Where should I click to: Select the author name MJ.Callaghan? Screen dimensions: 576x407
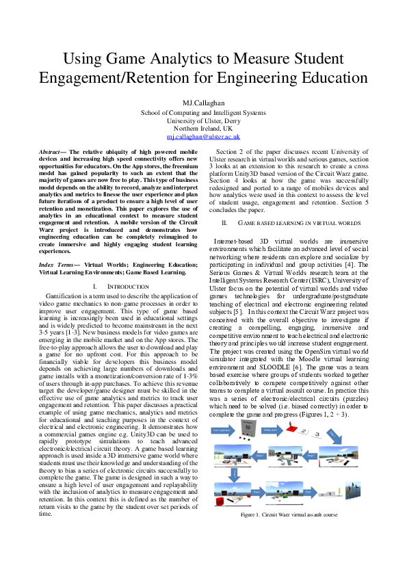[x=203, y=103]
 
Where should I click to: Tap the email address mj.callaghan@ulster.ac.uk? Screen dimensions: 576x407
[x=203, y=137]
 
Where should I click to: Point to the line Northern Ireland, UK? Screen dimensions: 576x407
[x=203, y=129]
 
